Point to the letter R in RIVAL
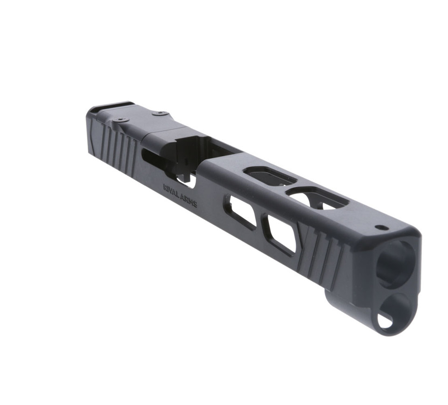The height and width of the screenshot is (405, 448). coord(165,187)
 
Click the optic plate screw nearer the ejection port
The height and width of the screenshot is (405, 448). coord(160,113)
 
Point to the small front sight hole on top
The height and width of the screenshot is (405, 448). coord(381,228)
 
